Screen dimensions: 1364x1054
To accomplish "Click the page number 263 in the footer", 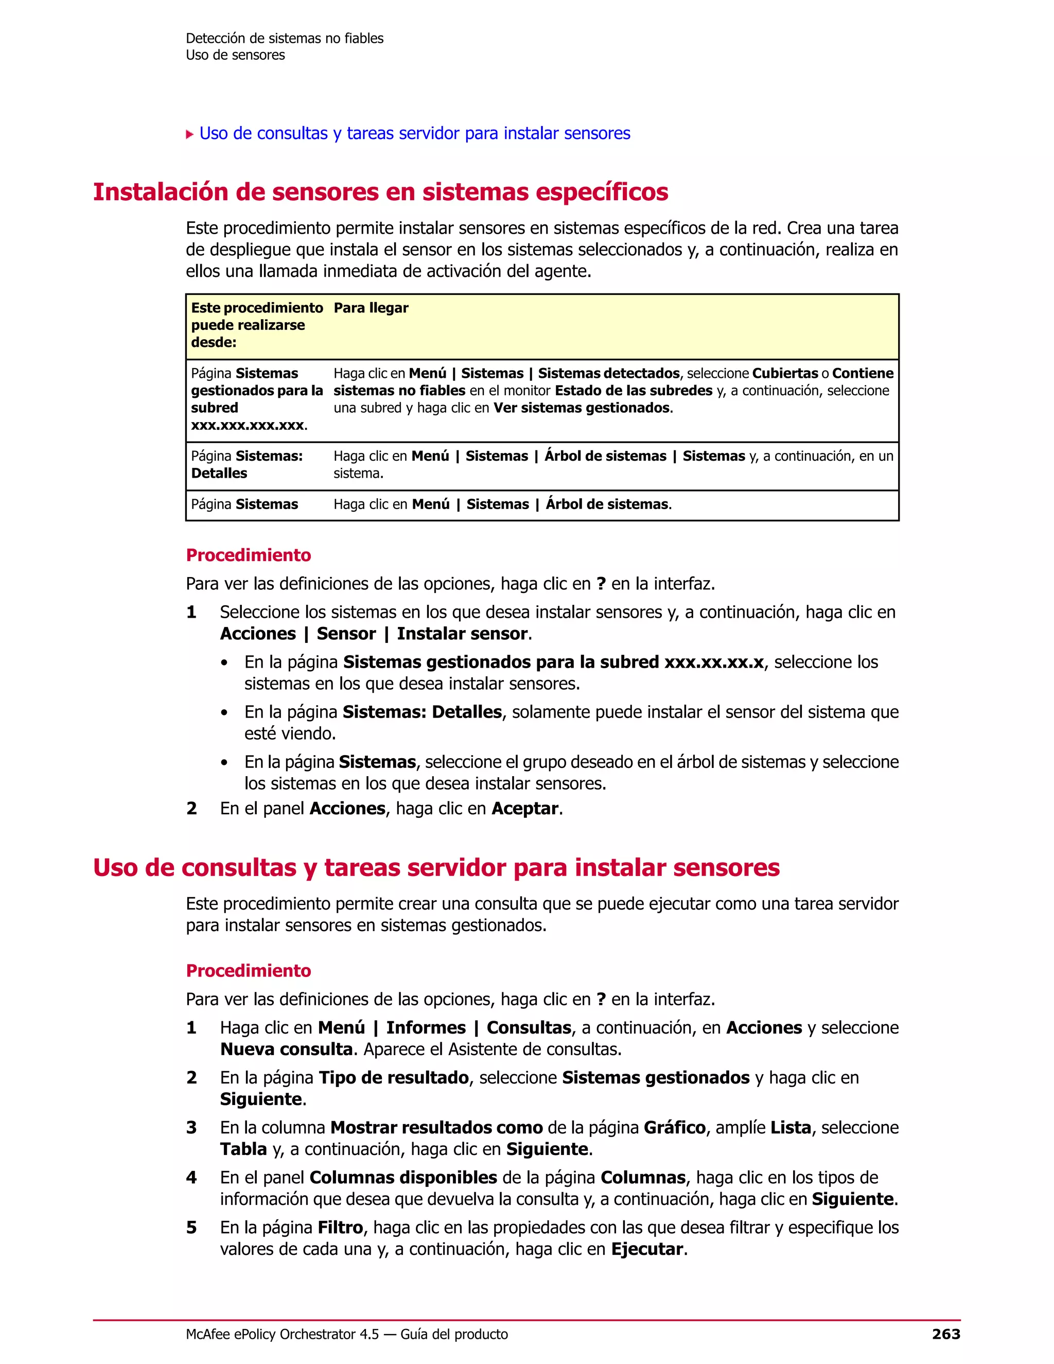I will pyautogui.click(x=945, y=1334).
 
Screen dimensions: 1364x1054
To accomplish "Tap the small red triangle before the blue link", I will pyautogui.click(x=190, y=134).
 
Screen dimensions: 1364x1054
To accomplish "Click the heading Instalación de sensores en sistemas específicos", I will pyautogui.click(x=380, y=192).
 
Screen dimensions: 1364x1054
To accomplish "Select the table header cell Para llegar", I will pyautogui.click(x=371, y=308).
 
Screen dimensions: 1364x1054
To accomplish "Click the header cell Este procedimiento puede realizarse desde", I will pyautogui.click(x=257, y=325).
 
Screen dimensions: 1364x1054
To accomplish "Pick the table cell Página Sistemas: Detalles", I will pyautogui.click(x=247, y=465).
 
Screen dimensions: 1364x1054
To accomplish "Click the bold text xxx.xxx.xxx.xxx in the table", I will pyautogui.click(x=248, y=425).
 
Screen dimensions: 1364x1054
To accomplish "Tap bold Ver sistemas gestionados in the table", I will pyautogui.click(x=582, y=408).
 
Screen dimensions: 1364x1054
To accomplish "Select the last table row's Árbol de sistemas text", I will pyautogui.click(x=607, y=504).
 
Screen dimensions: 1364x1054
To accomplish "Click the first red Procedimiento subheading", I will pyautogui.click(x=248, y=555).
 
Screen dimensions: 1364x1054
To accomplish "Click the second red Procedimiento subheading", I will pyautogui.click(x=248, y=971).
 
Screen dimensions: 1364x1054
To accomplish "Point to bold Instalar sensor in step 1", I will pyautogui.click(x=462, y=634).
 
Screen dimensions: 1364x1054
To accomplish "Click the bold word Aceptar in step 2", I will pyautogui.click(x=524, y=809).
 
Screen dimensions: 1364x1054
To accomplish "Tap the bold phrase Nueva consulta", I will pyautogui.click(x=286, y=1049).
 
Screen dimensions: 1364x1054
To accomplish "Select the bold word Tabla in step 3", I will pyautogui.click(x=243, y=1149).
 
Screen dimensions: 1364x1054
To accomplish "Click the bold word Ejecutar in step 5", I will pyautogui.click(x=647, y=1249).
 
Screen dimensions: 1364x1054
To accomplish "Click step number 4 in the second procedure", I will pyautogui.click(x=191, y=1178).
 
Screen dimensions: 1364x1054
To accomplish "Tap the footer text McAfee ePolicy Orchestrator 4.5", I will pyautogui.click(x=282, y=1335).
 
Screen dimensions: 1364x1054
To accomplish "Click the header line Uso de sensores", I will pyautogui.click(x=235, y=55).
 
